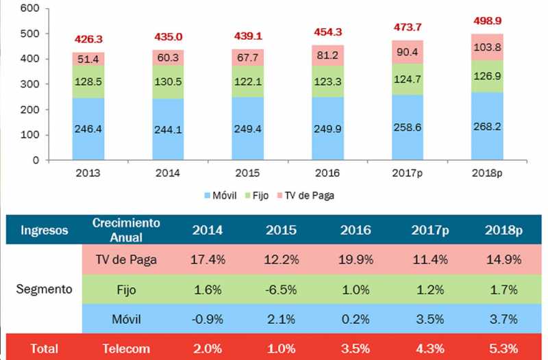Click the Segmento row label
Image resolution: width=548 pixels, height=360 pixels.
(x=44, y=289)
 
